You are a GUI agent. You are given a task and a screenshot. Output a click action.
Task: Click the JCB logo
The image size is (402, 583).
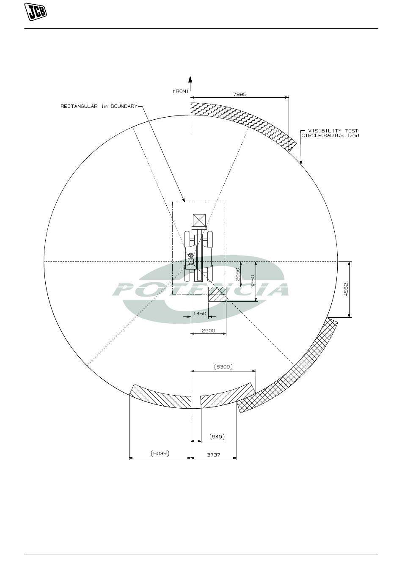36,12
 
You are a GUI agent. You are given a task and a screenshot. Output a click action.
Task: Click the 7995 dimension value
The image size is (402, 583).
240,94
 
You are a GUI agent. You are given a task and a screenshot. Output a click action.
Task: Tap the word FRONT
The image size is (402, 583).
181,91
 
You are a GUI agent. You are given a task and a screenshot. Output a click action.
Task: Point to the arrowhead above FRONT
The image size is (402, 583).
190,79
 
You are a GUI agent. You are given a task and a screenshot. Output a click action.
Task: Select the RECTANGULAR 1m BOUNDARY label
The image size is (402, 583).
99,106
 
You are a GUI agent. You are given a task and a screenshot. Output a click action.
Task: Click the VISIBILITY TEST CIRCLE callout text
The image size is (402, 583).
330,133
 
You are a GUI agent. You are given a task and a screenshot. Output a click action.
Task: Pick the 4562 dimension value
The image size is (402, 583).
346,289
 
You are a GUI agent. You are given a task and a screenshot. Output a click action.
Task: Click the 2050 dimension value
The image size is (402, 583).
237,274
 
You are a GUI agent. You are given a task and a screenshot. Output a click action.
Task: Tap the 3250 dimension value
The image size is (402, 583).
253,281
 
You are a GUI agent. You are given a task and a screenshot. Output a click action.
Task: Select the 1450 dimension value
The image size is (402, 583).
200,313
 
